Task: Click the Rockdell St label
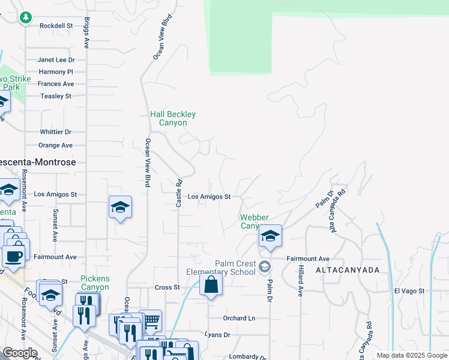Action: [56, 26]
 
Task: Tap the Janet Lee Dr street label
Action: [56, 60]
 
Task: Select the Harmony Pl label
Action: [56, 72]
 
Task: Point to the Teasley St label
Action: [56, 96]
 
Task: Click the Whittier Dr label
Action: [56, 132]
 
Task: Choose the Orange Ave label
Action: [56, 145]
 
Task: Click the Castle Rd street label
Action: [178, 194]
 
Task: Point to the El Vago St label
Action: [409, 291]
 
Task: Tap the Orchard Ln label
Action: [239, 318]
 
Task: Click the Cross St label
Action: [167, 287]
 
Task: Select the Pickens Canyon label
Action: [95, 283]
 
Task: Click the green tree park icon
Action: [25, 18]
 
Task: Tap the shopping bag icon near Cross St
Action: [211, 284]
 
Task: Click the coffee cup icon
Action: [13, 255]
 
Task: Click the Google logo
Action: [19, 353]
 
